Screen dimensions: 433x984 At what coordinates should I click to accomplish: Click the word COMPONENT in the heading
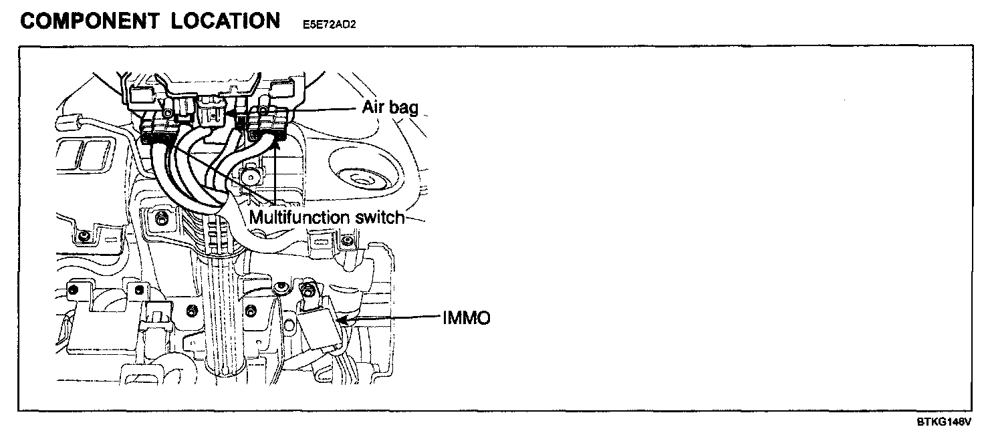87,21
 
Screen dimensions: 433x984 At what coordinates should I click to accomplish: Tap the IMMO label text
467,318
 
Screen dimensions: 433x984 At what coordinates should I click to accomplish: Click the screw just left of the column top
161,217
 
